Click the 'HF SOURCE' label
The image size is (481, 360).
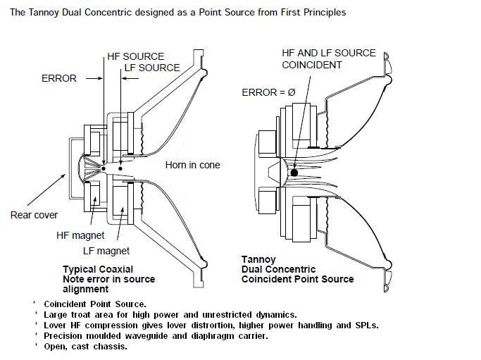(x=135, y=56)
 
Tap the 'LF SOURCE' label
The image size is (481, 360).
(x=151, y=68)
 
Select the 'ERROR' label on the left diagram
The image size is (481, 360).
(x=59, y=78)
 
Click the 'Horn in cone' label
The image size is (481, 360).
(x=192, y=165)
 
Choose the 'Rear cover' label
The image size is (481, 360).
(x=34, y=215)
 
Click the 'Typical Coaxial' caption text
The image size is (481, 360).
(x=98, y=270)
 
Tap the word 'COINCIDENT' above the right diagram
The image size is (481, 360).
(x=312, y=65)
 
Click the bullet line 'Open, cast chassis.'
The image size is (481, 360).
(x=85, y=346)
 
